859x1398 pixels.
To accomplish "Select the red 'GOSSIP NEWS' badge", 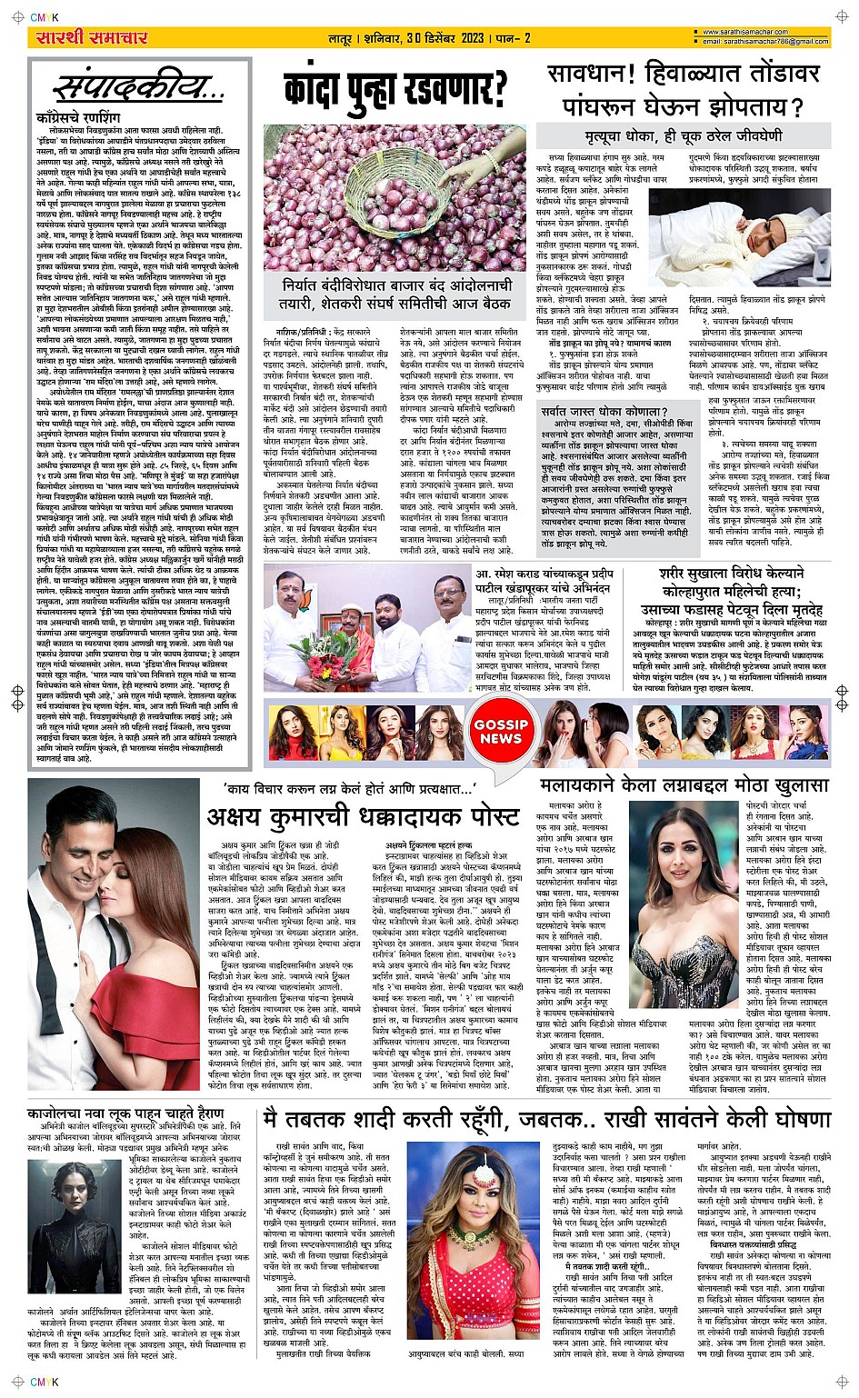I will click(500, 732).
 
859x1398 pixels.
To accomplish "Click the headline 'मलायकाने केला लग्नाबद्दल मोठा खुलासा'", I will click(684, 784).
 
